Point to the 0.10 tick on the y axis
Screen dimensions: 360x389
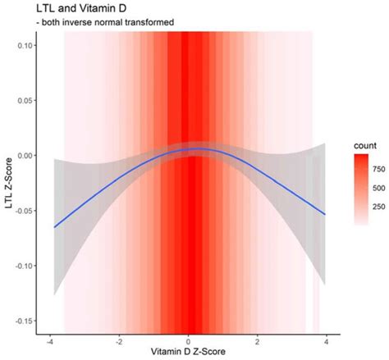(22, 46)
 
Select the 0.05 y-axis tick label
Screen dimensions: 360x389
(22, 100)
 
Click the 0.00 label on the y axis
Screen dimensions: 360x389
(22, 155)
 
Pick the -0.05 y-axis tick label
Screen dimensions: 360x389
(21, 210)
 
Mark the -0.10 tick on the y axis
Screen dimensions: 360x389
(21, 265)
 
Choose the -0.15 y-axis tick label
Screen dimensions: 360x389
(21, 320)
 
